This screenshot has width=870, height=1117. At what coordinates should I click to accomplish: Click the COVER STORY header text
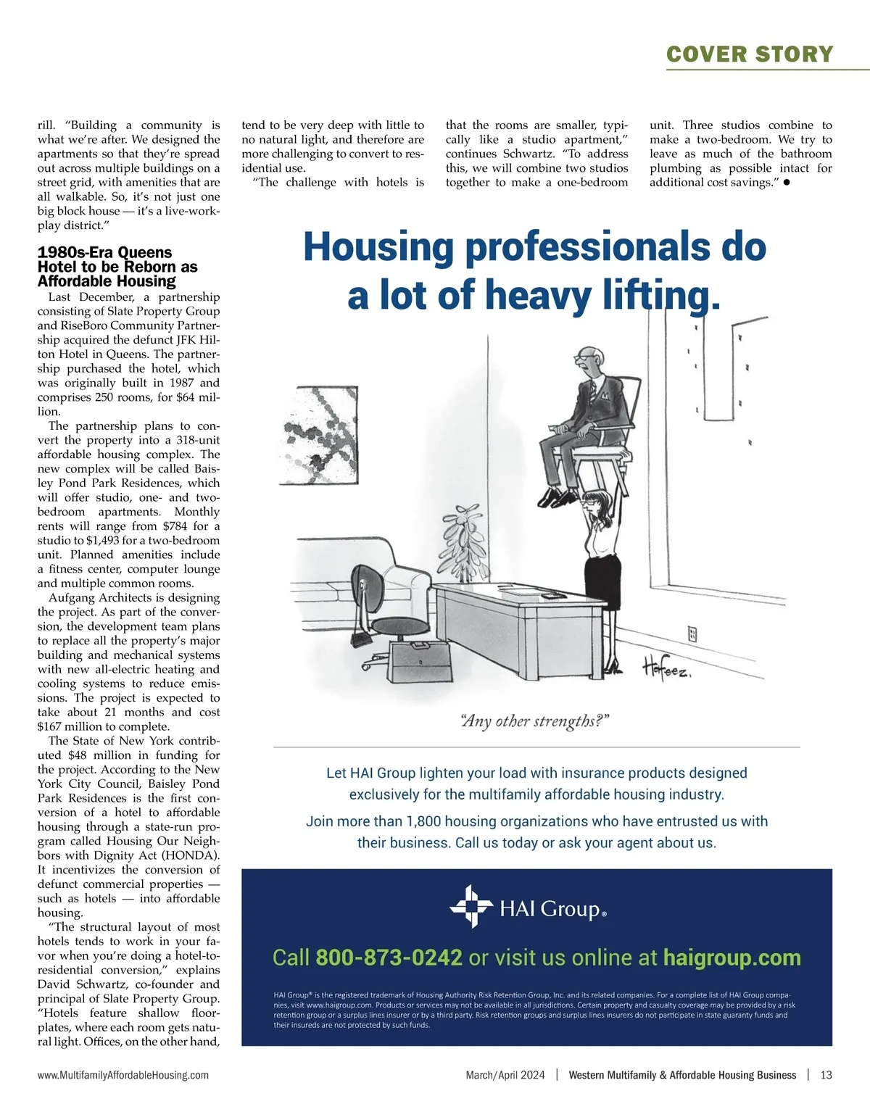click(750, 54)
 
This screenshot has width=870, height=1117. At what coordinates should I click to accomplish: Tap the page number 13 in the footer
click(826, 1075)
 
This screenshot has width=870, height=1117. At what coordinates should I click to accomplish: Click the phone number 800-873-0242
click(389, 958)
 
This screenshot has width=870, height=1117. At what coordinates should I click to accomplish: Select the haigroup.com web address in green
click(732, 958)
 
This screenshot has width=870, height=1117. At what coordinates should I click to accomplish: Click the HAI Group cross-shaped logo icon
click(471, 906)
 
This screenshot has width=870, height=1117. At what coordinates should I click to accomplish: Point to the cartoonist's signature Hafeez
click(666, 668)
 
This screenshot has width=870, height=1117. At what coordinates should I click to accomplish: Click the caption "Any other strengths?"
click(535, 721)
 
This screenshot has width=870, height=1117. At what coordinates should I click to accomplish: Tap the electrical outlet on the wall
click(692, 634)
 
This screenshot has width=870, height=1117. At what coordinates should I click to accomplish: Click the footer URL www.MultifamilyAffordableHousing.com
click(123, 1075)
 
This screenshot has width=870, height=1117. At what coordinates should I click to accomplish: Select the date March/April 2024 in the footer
click(505, 1075)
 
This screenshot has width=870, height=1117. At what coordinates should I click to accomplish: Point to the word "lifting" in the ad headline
click(661, 296)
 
